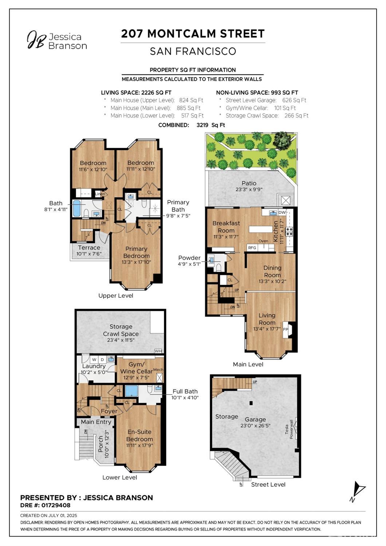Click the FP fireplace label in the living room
pos(285,329)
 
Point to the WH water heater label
pos(158,351)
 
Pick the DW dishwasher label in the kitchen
pos(282,212)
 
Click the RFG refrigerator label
pos(252,247)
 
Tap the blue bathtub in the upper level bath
pos(77,208)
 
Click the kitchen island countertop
pos(260,229)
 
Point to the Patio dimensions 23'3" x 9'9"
pos(249,190)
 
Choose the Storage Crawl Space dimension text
pos(121,340)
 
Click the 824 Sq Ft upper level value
pos(191,100)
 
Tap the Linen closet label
pos(100,194)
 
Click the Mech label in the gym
pos(158,370)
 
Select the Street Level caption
pos(268,484)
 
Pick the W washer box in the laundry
pos(94,359)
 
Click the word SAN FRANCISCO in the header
pos(193,51)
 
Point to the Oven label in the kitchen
pos(263,241)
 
